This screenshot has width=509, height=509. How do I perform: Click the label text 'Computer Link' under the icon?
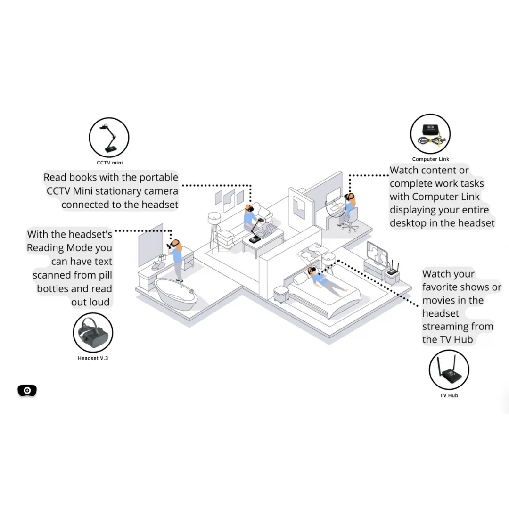tap(430, 159)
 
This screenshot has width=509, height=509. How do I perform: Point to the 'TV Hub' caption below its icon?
tap(449, 395)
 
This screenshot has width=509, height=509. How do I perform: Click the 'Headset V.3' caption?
tap(93, 358)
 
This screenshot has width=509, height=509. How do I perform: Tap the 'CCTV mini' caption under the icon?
tap(110, 163)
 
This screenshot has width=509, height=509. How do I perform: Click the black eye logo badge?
tap(27, 390)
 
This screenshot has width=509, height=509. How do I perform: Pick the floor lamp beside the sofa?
tap(214, 232)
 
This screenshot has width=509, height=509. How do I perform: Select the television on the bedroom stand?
tap(377, 253)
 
